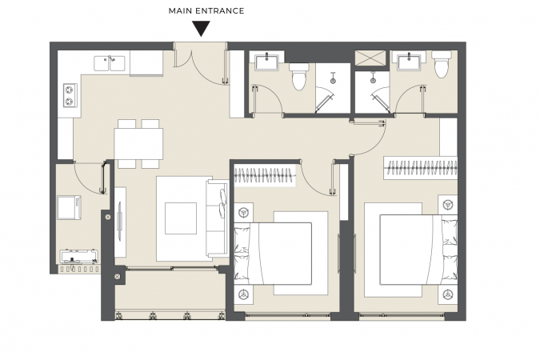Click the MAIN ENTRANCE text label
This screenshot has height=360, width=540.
(206, 11)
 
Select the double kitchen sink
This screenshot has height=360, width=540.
(110, 64)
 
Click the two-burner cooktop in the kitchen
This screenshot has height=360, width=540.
(70, 95)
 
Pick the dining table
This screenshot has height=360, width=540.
(138, 144)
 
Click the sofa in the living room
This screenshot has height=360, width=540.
(218, 218)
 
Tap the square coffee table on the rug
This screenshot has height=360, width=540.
(181, 218)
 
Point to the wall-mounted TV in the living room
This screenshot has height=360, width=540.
(120, 222)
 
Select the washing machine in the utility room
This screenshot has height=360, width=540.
(69, 207)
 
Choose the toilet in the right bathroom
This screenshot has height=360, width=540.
(441, 64)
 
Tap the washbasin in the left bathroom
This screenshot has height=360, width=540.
(267, 62)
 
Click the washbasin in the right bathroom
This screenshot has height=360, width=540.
(409, 62)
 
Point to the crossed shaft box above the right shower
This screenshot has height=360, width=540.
(370, 58)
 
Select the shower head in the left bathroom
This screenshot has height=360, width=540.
(333, 79)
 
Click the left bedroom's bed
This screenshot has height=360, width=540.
(273, 254)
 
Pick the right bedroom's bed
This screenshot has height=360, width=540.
(418, 250)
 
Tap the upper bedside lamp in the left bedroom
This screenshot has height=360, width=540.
(244, 212)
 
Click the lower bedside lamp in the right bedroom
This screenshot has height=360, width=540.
(448, 295)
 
